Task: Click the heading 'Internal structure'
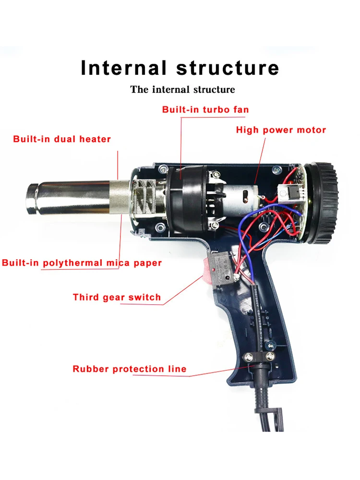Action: tap(180, 68)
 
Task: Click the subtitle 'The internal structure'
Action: tap(182, 89)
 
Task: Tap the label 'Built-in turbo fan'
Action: tap(205, 110)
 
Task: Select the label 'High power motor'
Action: tap(281, 130)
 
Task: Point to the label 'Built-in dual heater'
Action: tap(62, 139)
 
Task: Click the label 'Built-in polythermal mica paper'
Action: tap(82, 263)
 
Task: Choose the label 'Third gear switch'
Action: tap(117, 297)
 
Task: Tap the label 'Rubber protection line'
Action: tap(130, 369)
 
